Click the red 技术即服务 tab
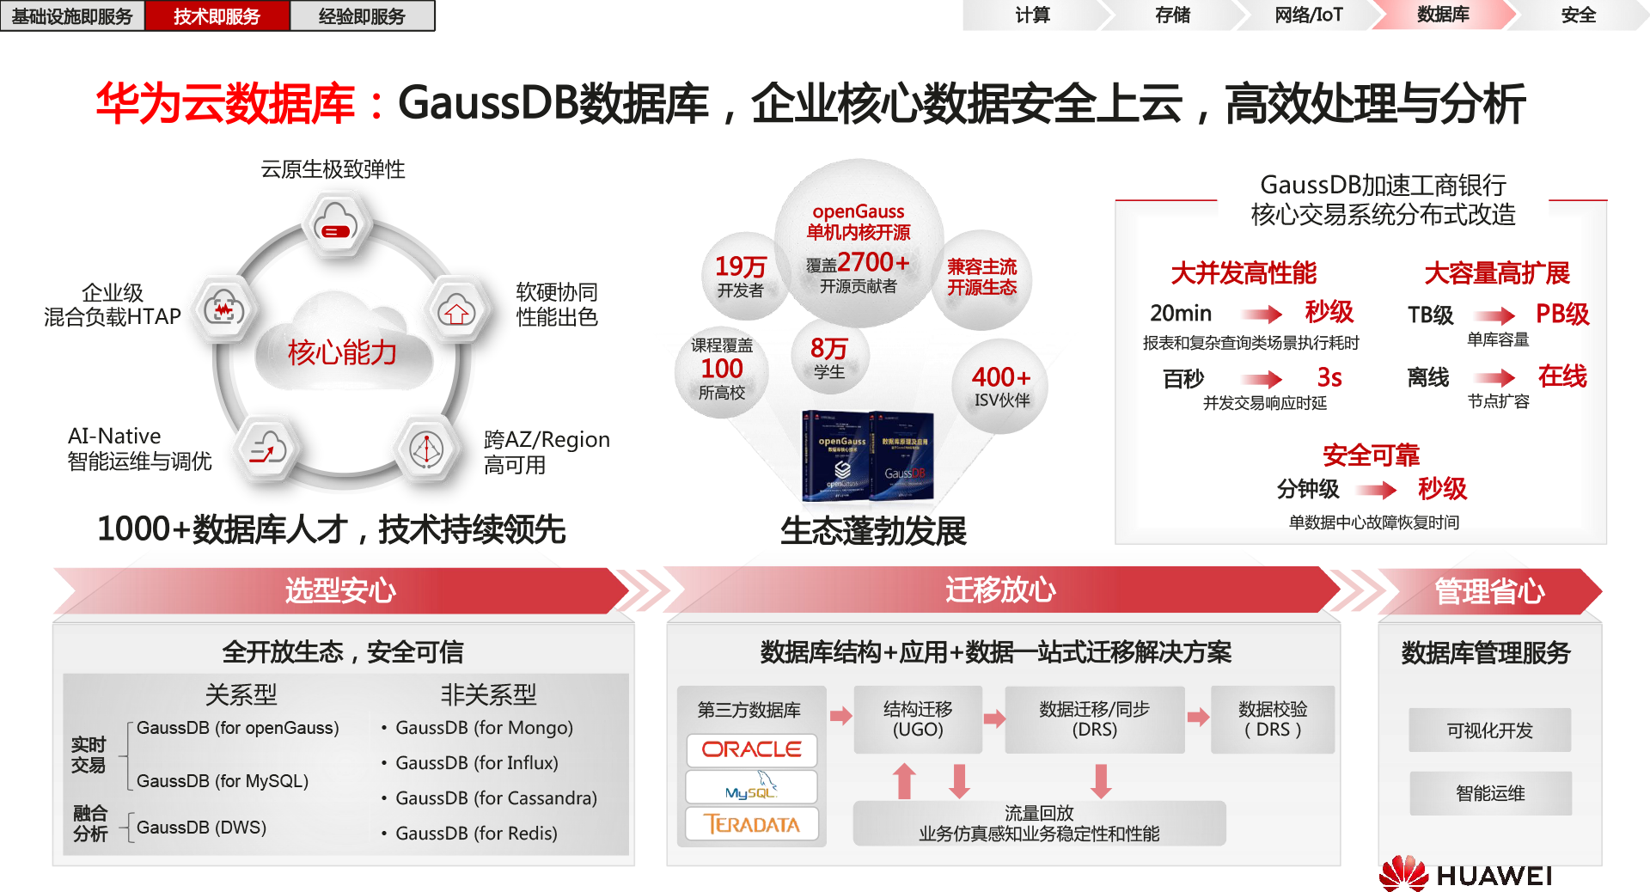pos(217,16)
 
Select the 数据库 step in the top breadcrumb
pos(1443,15)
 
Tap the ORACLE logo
pos(751,749)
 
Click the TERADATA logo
pos(751,824)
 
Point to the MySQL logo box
pos(751,787)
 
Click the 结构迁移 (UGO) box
pos(917,719)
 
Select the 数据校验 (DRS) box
pos(1273,719)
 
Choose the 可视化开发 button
pos(1489,730)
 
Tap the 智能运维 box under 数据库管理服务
pos(1489,793)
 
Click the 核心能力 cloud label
pos(342,351)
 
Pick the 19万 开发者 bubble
pos(741,276)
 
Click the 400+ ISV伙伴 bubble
pos(1001,386)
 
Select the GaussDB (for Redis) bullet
pos(476,833)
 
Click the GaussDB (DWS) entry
pos(201,827)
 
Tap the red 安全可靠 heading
pos(1371,455)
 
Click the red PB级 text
pos(1561,314)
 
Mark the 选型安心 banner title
pos(340,590)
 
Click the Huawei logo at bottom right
pos(1466,874)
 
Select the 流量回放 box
pos(1038,823)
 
